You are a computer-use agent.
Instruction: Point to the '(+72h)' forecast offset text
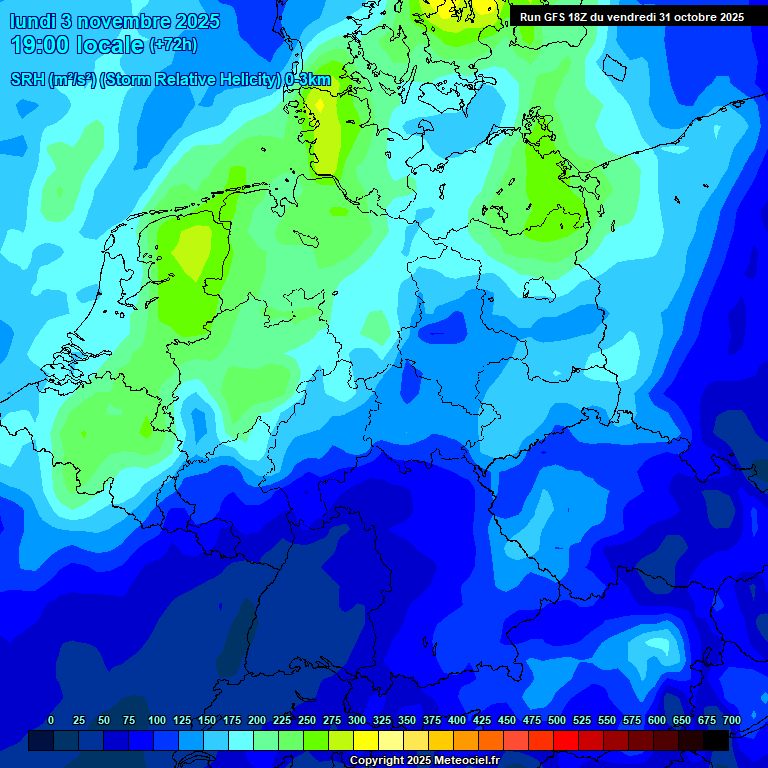(172, 46)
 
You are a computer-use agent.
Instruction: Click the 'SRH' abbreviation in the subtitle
(29, 80)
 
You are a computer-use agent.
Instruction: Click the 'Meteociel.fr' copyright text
(460, 761)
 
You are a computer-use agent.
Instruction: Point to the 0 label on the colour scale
(51, 720)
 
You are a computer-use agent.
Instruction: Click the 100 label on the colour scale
(157, 720)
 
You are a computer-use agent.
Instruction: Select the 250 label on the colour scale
(307, 720)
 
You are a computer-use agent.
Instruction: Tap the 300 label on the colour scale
(357, 720)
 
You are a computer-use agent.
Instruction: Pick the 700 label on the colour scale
(732, 720)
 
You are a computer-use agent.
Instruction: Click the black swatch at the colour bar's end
(716, 740)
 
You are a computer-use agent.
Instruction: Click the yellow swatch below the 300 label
(366, 740)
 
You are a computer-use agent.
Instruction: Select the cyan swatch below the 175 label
(241, 740)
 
